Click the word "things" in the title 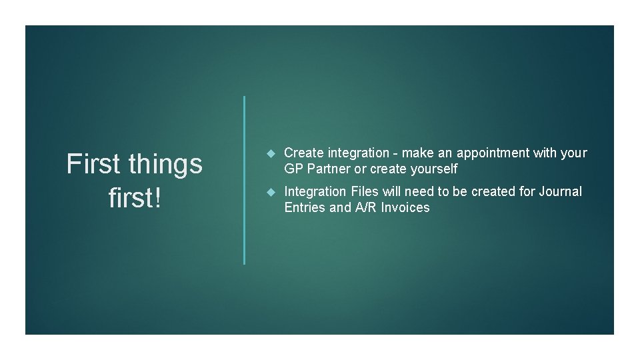(166, 164)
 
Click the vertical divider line (244, 180)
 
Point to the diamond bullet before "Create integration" (271, 153)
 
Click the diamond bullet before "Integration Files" (271, 192)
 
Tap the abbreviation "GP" (293, 169)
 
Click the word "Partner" (327, 169)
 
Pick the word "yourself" (433, 169)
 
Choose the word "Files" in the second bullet (366, 192)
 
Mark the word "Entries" (305, 208)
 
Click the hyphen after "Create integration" (395, 154)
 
